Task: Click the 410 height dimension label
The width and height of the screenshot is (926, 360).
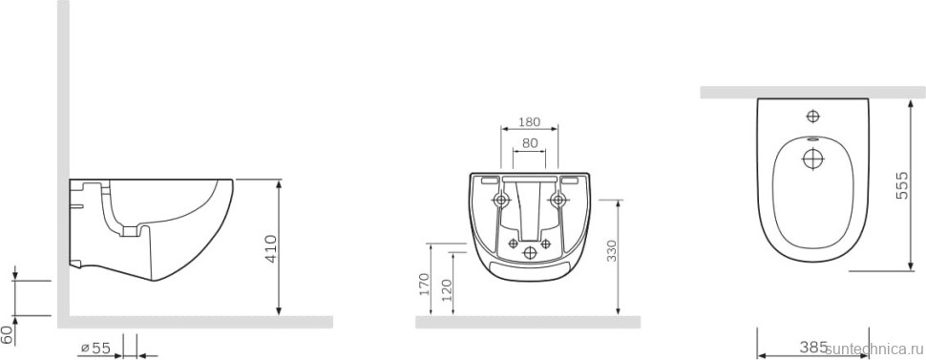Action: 271,249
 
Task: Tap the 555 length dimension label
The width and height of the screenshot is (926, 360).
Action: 902,185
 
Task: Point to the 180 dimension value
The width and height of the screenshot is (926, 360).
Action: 529,122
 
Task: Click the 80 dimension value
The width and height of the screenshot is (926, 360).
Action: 529,143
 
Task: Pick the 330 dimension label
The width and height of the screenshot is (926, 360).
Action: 611,251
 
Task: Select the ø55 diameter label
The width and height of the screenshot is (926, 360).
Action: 95,349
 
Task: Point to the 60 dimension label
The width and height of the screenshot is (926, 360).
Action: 7,334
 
